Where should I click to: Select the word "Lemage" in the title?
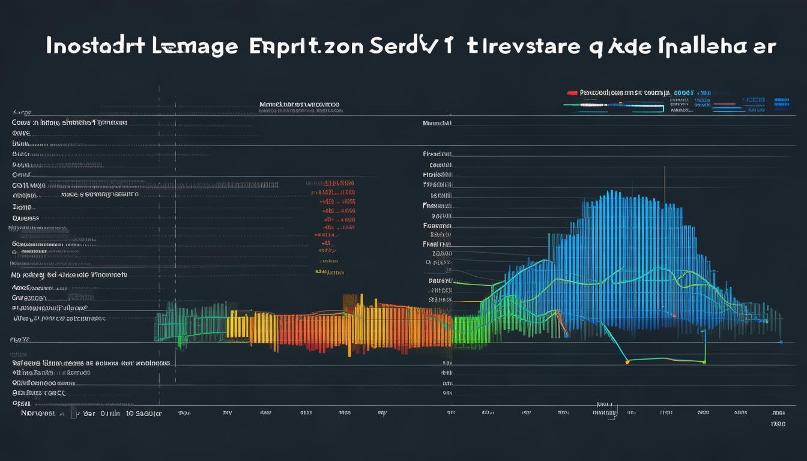[197, 47]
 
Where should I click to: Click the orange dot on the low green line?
[627, 362]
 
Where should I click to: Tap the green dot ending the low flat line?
[704, 363]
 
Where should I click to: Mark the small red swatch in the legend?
[572, 94]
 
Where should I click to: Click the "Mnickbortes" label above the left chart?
[299, 104]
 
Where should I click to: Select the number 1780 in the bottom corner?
[778, 424]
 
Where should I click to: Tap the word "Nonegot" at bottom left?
[38, 414]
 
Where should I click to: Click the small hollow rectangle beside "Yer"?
[73, 413]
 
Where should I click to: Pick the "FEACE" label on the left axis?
[19, 340]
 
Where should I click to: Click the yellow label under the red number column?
[329, 272]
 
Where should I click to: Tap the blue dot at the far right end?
[781, 342]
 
